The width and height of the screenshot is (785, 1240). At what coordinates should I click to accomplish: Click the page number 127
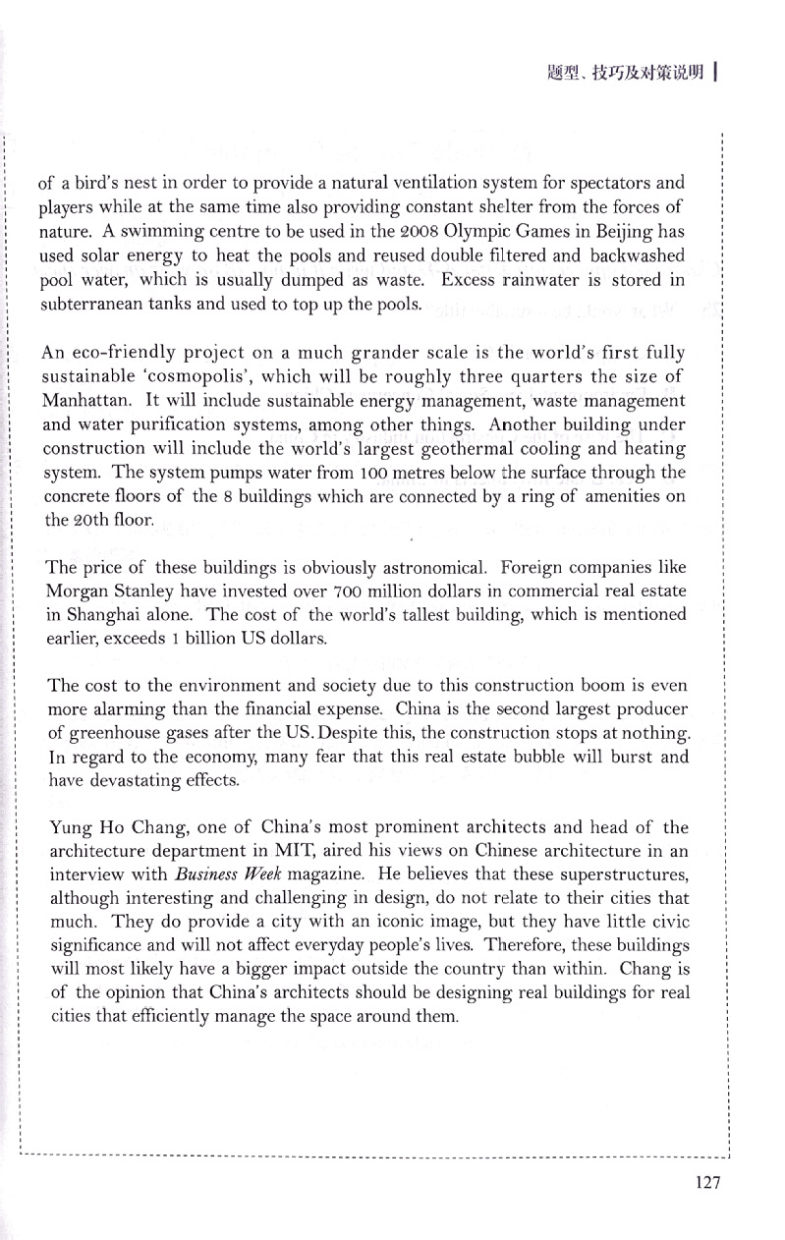(x=706, y=1182)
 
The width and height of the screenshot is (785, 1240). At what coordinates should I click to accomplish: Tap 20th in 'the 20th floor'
(x=82, y=521)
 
